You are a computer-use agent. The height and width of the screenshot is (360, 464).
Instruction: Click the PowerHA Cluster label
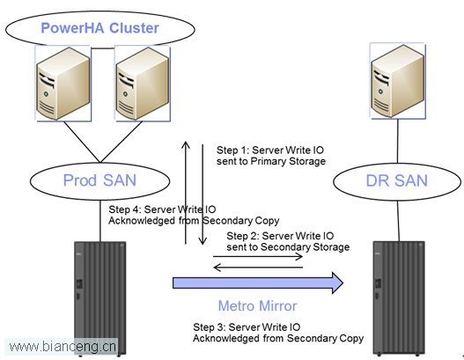(99, 28)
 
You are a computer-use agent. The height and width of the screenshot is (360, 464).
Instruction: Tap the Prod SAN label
(99, 180)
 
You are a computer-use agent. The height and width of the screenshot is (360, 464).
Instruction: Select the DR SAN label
(397, 180)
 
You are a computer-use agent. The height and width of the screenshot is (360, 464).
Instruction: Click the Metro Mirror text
(257, 305)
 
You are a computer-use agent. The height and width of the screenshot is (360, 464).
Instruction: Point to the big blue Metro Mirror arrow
(258, 283)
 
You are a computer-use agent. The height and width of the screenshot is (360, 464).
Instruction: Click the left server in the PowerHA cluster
(63, 84)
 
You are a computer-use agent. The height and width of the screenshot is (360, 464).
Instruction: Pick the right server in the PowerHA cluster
(143, 84)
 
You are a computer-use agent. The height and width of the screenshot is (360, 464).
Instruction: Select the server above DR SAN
(397, 81)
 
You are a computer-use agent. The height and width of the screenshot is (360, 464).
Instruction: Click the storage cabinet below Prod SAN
(100, 298)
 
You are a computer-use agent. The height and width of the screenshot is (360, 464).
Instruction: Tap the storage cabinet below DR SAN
(399, 298)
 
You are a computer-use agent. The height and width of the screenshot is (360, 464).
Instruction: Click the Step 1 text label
(271, 156)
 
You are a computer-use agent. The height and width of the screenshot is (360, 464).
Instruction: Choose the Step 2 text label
(288, 241)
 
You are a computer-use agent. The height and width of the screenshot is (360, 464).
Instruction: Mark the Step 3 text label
(278, 333)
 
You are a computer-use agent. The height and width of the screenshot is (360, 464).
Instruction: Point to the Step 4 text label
(194, 215)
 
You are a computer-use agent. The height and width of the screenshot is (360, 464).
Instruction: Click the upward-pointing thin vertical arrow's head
(186, 144)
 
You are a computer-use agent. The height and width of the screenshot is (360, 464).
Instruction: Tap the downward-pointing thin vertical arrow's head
(203, 241)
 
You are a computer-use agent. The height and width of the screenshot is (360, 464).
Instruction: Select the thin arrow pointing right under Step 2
(257, 256)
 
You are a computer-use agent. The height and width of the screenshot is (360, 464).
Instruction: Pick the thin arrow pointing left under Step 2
(258, 268)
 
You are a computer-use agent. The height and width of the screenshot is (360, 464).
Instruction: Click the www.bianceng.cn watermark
(63, 347)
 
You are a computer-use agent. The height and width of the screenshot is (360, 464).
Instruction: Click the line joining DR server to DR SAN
(397, 141)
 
